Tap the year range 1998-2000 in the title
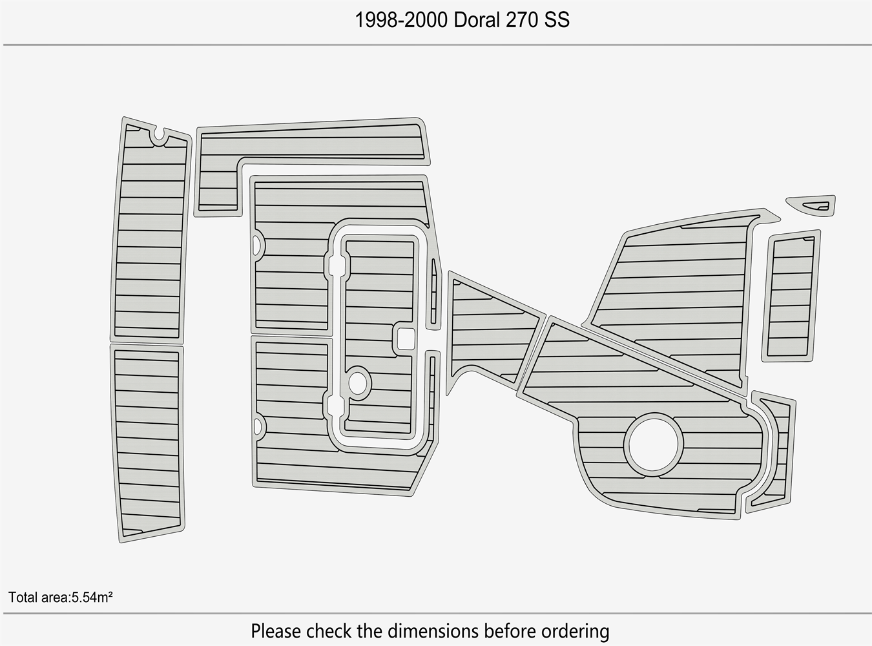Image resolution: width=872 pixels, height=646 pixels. coord(401,19)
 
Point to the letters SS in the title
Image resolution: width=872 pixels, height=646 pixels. coord(556,19)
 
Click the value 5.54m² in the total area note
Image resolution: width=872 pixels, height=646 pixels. coord(92,598)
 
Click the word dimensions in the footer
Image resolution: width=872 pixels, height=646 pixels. coord(433,631)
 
